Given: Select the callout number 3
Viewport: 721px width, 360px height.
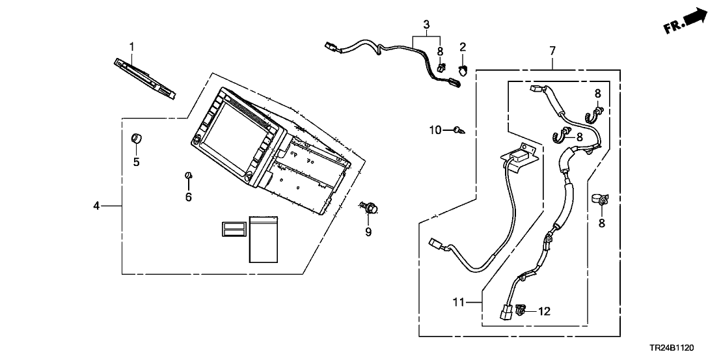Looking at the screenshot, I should (x=426, y=25).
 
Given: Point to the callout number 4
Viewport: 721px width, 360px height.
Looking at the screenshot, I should (x=96, y=206).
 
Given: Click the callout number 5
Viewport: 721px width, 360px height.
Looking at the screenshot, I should (x=137, y=162).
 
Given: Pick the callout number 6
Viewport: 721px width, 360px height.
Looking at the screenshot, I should (x=189, y=197).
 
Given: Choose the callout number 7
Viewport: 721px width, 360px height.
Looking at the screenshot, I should (x=552, y=49).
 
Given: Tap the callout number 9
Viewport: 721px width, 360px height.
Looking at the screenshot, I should (x=368, y=232).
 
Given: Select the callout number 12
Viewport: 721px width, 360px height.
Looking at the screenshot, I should (x=544, y=312).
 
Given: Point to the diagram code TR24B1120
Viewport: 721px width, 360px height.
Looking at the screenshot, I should (x=685, y=350).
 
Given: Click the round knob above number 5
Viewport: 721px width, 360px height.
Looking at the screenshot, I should (x=137, y=138).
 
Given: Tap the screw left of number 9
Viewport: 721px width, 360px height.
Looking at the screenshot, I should (x=369, y=208).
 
